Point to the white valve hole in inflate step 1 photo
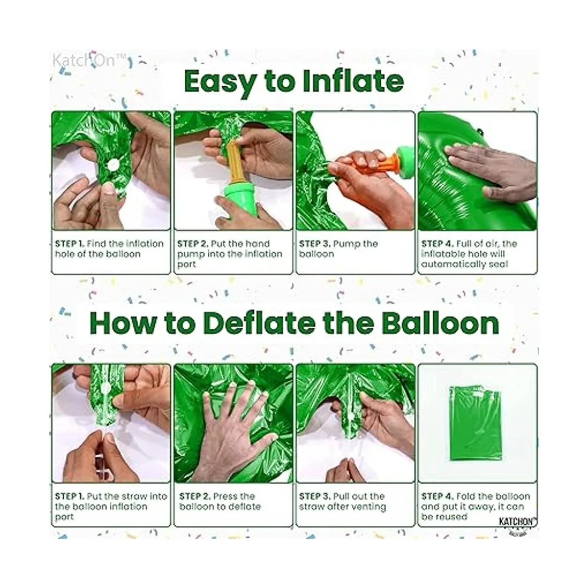click(112, 165)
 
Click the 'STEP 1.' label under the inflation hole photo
click(70, 244)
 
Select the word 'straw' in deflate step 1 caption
click(135, 496)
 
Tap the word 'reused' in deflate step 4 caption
click(450, 516)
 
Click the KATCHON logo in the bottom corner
click(517, 522)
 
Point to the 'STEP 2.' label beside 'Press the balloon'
click(195, 496)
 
